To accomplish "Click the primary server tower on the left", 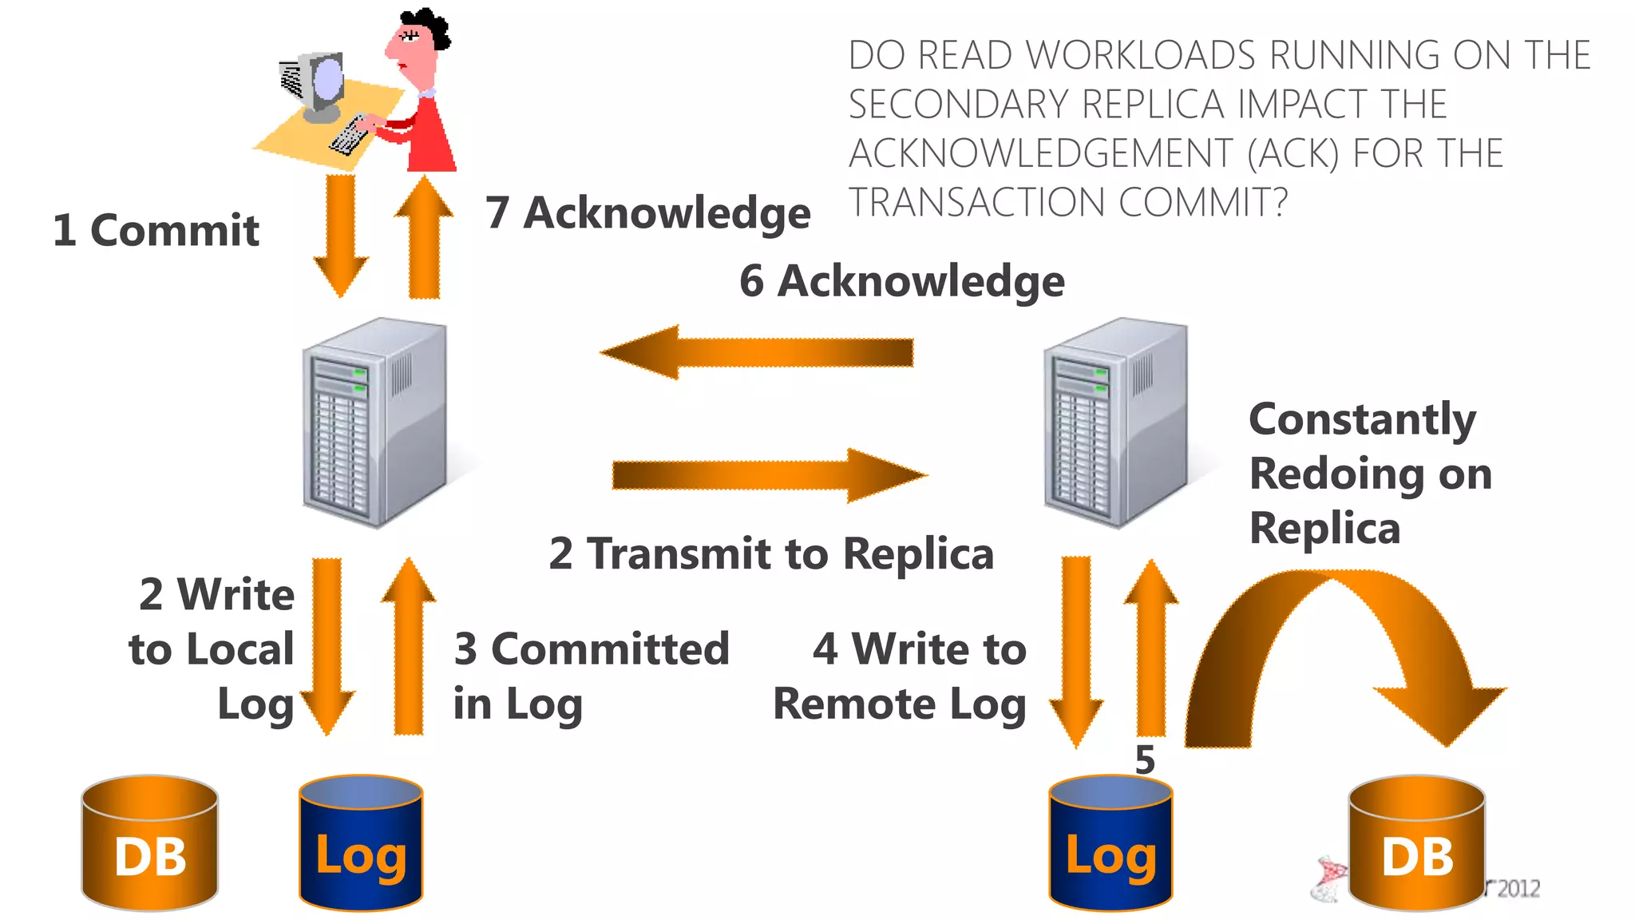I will (x=374, y=423).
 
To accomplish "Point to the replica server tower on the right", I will (x=1115, y=423).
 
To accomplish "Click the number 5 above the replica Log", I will (x=1145, y=759).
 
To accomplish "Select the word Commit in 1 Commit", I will (x=174, y=231).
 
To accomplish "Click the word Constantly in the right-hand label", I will (x=1362, y=419).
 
